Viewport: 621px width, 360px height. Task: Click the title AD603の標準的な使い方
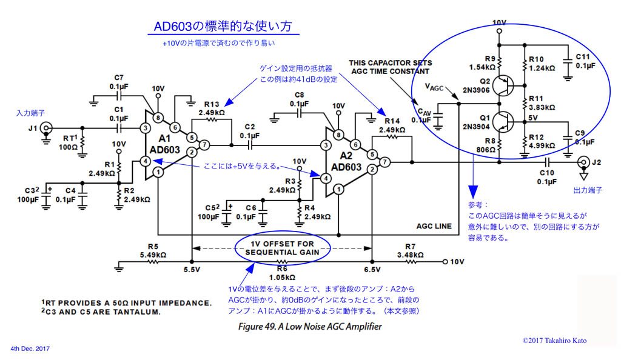pyautogui.click(x=223, y=27)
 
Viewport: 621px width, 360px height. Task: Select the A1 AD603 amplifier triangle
pyautogui.click(x=164, y=145)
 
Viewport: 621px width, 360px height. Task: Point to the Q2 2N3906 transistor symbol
pyautogui.click(x=502, y=85)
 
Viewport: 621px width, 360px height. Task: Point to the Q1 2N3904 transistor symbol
pyautogui.click(x=502, y=122)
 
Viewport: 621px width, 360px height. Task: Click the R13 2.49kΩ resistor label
pyautogui.click(x=212, y=108)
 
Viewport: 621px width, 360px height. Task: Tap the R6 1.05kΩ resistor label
pyautogui.click(x=281, y=273)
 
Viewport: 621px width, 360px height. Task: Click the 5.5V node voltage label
pyautogui.click(x=192, y=270)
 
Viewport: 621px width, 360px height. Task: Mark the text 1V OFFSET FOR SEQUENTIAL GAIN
pyautogui.click(x=283, y=247)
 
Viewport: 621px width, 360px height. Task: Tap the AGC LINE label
pyautogui.click(x=434, y=226)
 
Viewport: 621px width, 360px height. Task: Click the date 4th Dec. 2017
pyautogui.click(x=30, y=349)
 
